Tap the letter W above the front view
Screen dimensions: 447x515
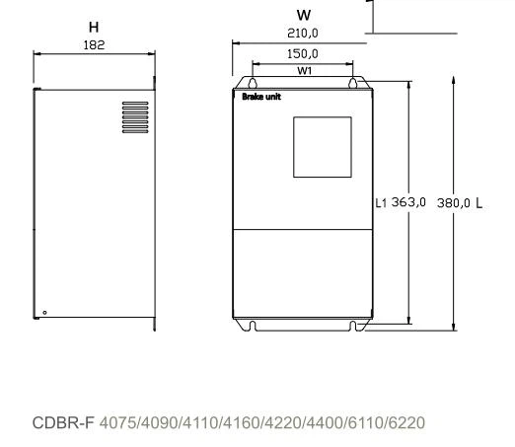coord(304,16)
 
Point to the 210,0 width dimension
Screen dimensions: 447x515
coord(303,32)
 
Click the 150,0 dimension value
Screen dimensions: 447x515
coord(302,54)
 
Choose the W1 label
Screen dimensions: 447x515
coord(302,69)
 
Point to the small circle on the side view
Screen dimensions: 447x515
coord(43,313)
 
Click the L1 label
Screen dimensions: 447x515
coord(382,202)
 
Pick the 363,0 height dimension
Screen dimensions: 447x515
coord(409,202)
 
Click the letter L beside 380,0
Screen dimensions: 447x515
coord(479,202)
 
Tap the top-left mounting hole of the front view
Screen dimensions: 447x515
coord(253,84)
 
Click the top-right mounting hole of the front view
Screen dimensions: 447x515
coord(351,84)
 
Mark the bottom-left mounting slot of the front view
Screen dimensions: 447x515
coord(253,325)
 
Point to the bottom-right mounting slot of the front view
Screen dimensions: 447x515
coord(351,325)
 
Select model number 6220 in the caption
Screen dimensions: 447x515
coord(406,423)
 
